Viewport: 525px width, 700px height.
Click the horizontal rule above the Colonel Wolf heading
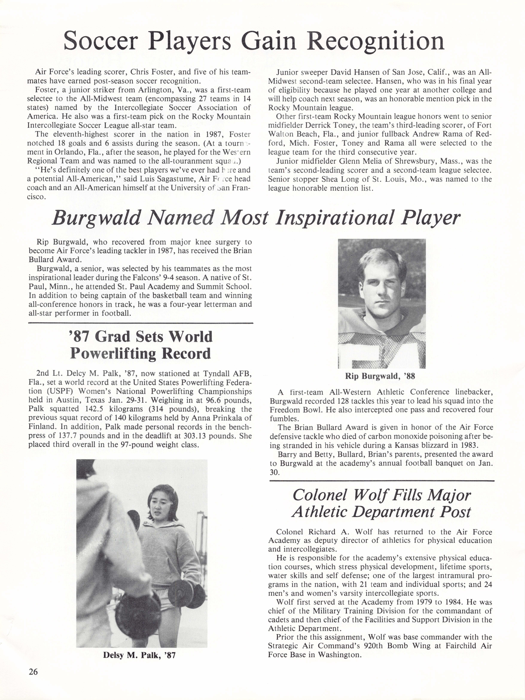(x=382, y=481)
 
